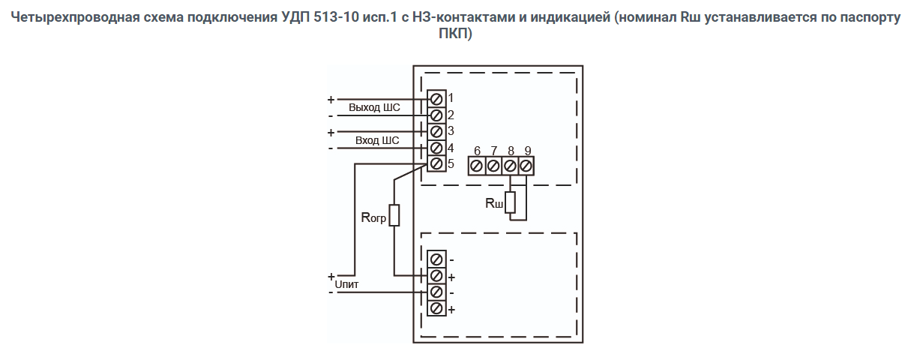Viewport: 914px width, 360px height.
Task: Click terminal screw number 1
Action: tap(436, 98)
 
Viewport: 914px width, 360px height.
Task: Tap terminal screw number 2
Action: tap(436, 115)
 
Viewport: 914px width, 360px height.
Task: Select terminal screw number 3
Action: tap(436, 131)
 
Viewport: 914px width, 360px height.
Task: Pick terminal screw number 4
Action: tap(436, 148)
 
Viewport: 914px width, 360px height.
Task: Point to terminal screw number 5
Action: tap(436, 163)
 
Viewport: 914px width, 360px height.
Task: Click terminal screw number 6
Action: tap(477, 165)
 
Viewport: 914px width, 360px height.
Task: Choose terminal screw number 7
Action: tap(493, 165)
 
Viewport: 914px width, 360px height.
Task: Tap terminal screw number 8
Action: tap(510, 165)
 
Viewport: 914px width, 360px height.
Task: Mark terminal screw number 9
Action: tap(526, 165)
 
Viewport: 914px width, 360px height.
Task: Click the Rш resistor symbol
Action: tap(511, 202)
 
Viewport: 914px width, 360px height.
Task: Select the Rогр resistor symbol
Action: tap(394, 215)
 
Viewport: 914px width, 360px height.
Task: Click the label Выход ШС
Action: tap(374, 107)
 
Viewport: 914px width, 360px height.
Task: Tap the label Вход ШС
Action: tap(377, 140)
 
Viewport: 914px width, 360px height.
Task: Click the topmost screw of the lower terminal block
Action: tap(436, 259)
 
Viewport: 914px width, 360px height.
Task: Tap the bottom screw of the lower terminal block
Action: tap(436, 308)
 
